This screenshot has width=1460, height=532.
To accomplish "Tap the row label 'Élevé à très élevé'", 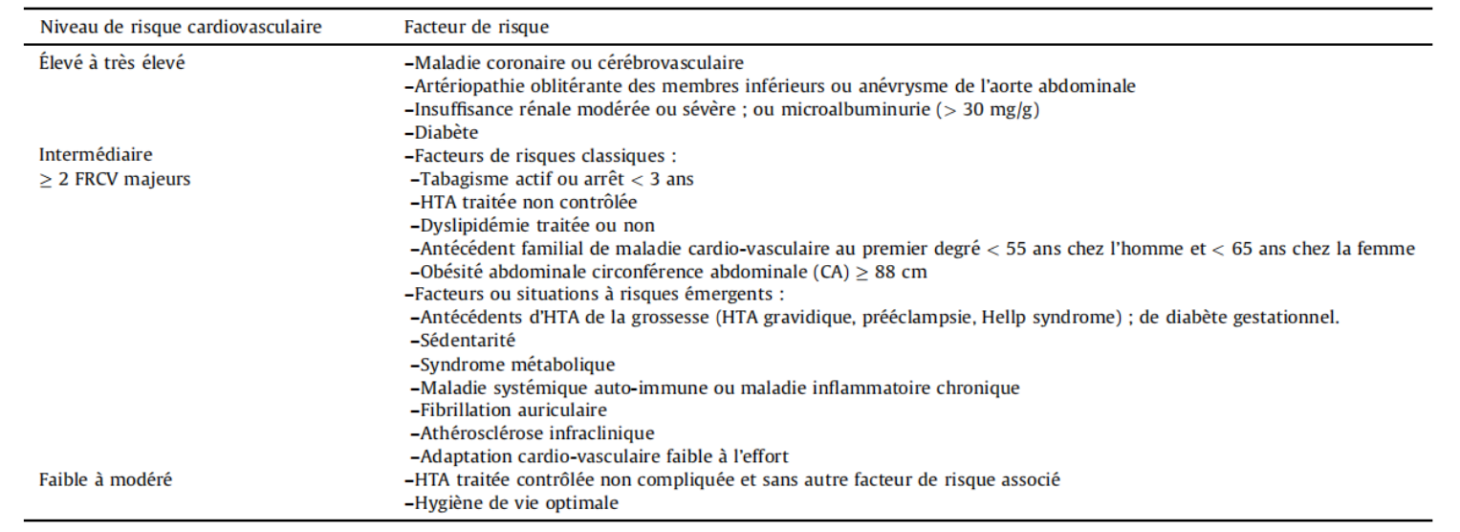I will (112, 64).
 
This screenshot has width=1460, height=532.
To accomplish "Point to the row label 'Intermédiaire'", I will (96, 155).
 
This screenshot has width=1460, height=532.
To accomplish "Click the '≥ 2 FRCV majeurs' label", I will (115, 179).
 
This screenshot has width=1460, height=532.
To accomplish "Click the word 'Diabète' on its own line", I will (446, 133).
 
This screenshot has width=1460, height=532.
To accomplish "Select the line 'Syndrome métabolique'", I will (517, 365).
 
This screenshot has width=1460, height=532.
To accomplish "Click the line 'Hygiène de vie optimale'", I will (517, 503).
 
